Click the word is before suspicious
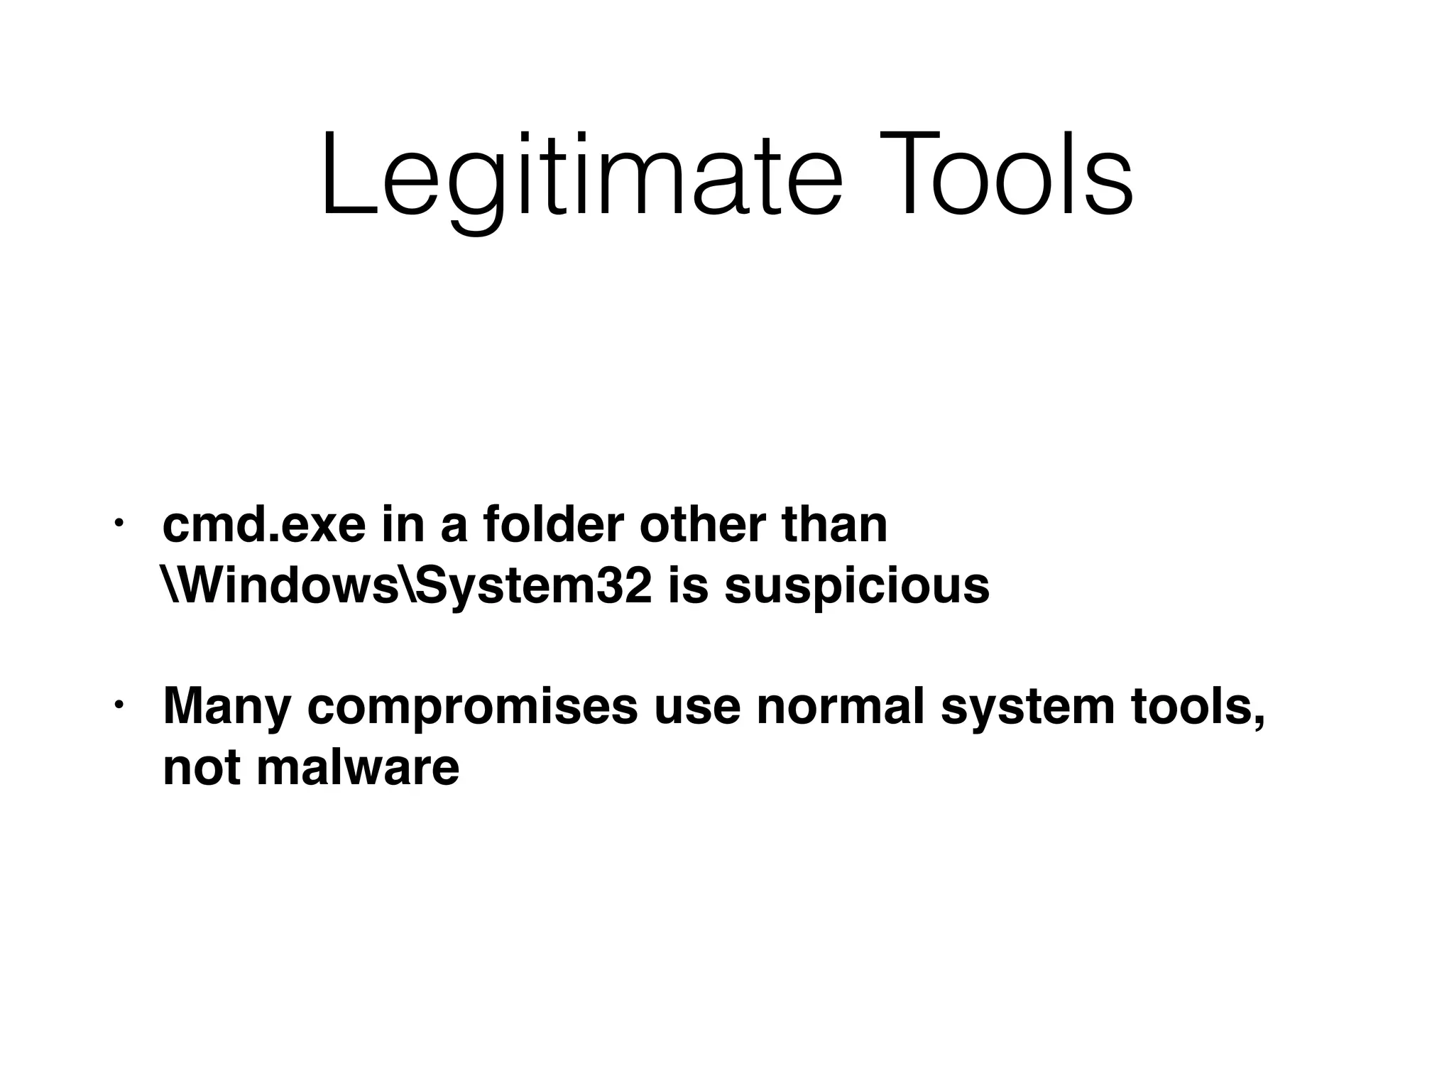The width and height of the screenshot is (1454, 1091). click(x=688, y=587)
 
